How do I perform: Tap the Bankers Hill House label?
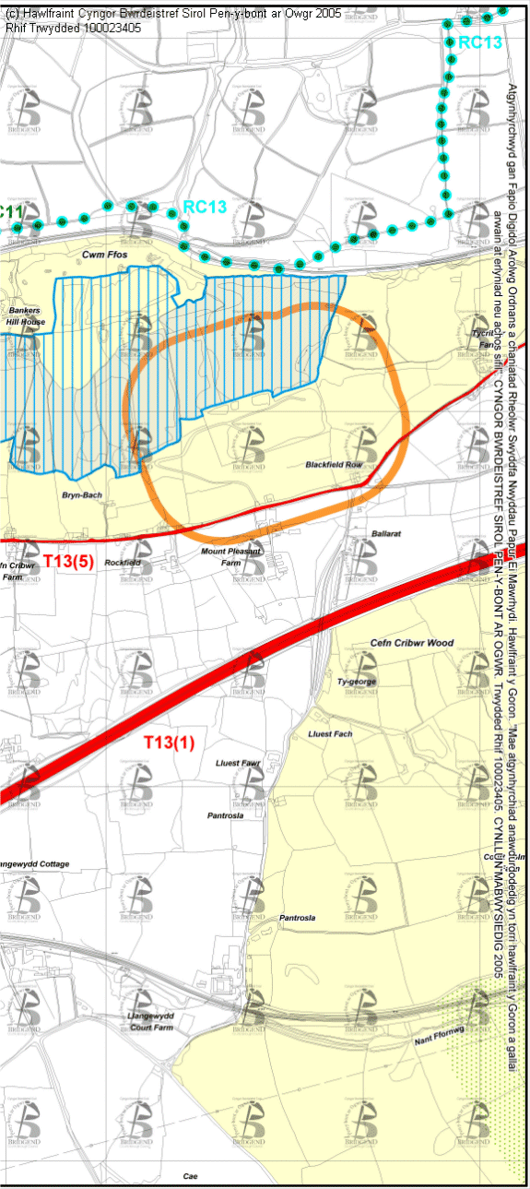26,316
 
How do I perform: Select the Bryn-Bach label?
82,495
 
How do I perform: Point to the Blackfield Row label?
334,465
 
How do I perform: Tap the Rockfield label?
123,562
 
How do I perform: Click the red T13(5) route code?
69,562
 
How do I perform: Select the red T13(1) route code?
169,741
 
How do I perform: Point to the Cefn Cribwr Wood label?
412,643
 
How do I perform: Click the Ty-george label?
357,682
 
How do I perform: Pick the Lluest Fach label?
330,733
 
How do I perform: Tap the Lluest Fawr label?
239,763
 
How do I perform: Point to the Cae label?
190,1176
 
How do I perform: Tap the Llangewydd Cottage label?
34,863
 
